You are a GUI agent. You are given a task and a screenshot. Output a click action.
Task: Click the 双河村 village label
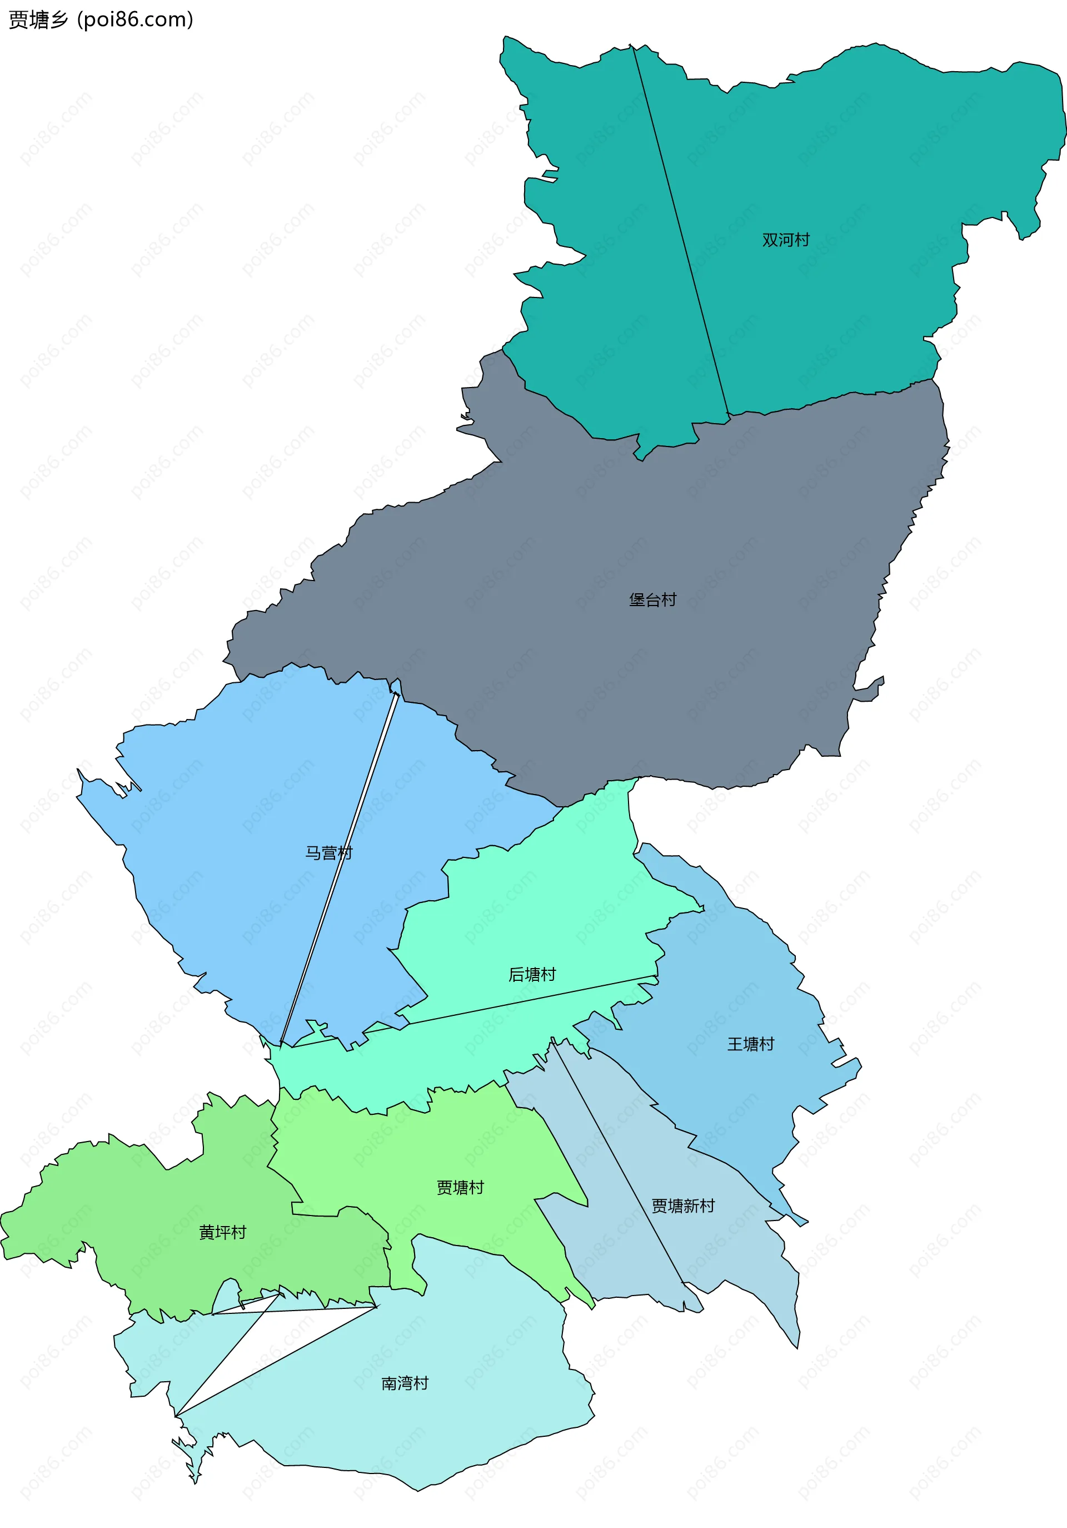786,240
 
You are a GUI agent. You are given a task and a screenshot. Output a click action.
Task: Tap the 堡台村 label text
652,599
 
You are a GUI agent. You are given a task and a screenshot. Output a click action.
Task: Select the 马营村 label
328,852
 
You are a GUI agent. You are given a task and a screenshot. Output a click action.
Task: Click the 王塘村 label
750,1044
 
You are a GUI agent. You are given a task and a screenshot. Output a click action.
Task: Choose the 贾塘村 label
460,1187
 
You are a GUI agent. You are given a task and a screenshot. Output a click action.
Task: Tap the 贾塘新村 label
682,1206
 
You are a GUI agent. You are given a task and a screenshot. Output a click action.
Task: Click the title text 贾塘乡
38,20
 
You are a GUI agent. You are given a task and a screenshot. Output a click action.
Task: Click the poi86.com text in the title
135,20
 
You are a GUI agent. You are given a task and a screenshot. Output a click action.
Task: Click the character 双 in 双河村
770,240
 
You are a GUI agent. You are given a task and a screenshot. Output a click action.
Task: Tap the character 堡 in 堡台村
637,599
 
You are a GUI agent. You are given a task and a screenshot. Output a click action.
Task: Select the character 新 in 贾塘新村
691,1206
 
